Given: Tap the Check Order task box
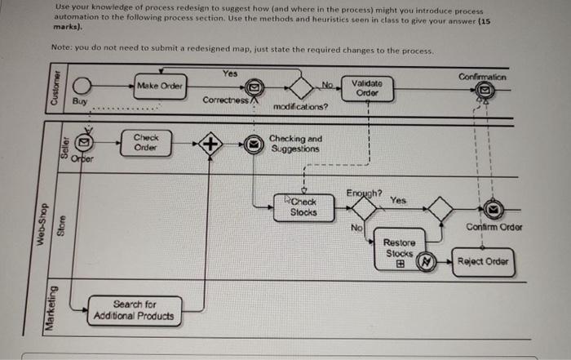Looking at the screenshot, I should coord(146,143).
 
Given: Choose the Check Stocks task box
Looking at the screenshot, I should coord(299,207).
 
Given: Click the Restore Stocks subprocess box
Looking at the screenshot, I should coord(399,250).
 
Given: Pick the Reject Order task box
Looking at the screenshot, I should coord(484,262).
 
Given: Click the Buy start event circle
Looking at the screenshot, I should coord(82,87).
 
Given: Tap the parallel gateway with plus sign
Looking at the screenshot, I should coord(210,144).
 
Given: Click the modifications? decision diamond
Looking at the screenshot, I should coord(301,87).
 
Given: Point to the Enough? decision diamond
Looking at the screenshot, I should coord(364,208).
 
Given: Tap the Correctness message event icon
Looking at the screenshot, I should coord(253,87).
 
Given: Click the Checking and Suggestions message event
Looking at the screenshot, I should coord(255,144).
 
